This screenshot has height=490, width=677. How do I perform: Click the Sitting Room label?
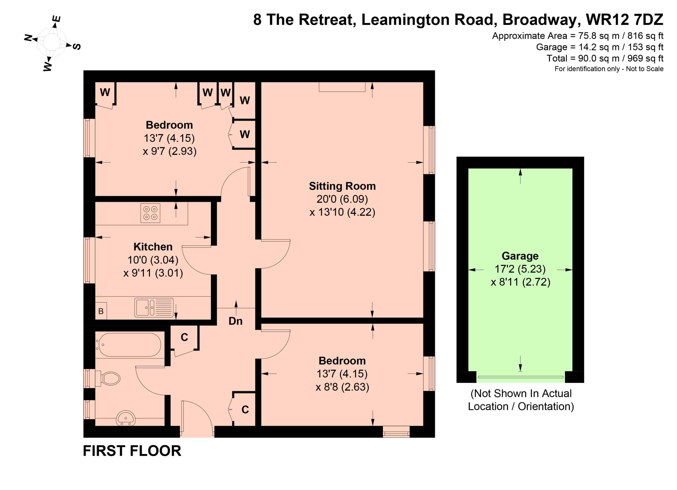(x=342, y=186)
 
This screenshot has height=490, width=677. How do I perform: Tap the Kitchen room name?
(x=153, y=247)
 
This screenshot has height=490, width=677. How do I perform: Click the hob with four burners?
(x=150, y=213)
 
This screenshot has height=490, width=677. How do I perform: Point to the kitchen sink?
(x=154, y=307)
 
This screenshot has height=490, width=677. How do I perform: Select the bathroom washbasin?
(x=126, y=418)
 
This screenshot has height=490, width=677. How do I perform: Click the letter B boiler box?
(x=101, y=311)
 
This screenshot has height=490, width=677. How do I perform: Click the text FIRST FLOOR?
(x=132, y=451)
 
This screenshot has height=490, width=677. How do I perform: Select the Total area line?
(x=605, y=58)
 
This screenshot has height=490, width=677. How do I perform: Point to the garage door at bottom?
(x=521, y=377)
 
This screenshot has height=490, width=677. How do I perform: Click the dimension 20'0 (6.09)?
(x=342, y=199)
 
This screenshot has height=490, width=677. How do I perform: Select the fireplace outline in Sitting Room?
(x=342, y=87)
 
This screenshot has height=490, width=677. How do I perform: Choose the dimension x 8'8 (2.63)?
(x=342, y=387)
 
